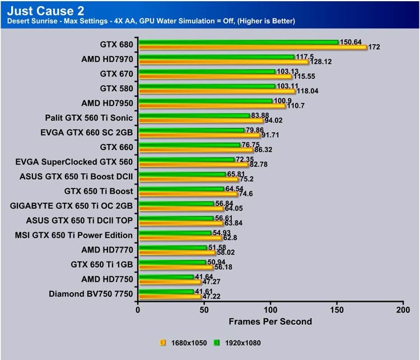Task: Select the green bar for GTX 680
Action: point(239,41)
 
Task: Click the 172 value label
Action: point(375,47)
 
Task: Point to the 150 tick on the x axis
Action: point(337,310)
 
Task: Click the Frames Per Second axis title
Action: point(270,321)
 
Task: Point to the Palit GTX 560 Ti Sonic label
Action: point(89,118)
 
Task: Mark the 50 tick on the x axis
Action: point(204,310)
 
